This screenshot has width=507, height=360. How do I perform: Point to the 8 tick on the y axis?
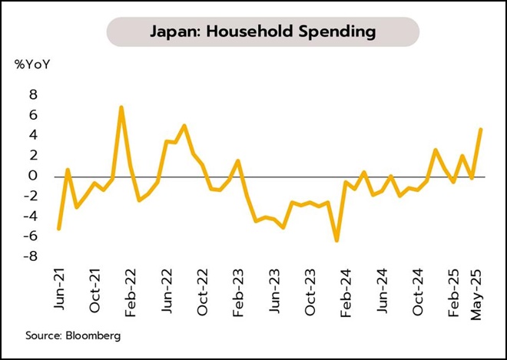click(32, 94)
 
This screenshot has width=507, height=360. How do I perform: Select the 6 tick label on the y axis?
click(32, 115)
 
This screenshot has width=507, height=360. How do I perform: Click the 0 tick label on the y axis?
click(32, 176)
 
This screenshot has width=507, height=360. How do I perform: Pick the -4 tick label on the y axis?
click(29, 216)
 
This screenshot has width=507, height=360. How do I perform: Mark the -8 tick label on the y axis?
click(29, 256)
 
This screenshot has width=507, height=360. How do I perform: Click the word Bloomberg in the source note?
click(94, 335)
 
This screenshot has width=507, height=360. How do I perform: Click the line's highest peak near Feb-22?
click(121, 107)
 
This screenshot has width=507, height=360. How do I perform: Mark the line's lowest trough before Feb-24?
click(336, 240)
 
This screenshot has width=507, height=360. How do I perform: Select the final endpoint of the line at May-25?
click(481, 129)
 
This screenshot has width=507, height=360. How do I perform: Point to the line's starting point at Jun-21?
click(59, 228)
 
